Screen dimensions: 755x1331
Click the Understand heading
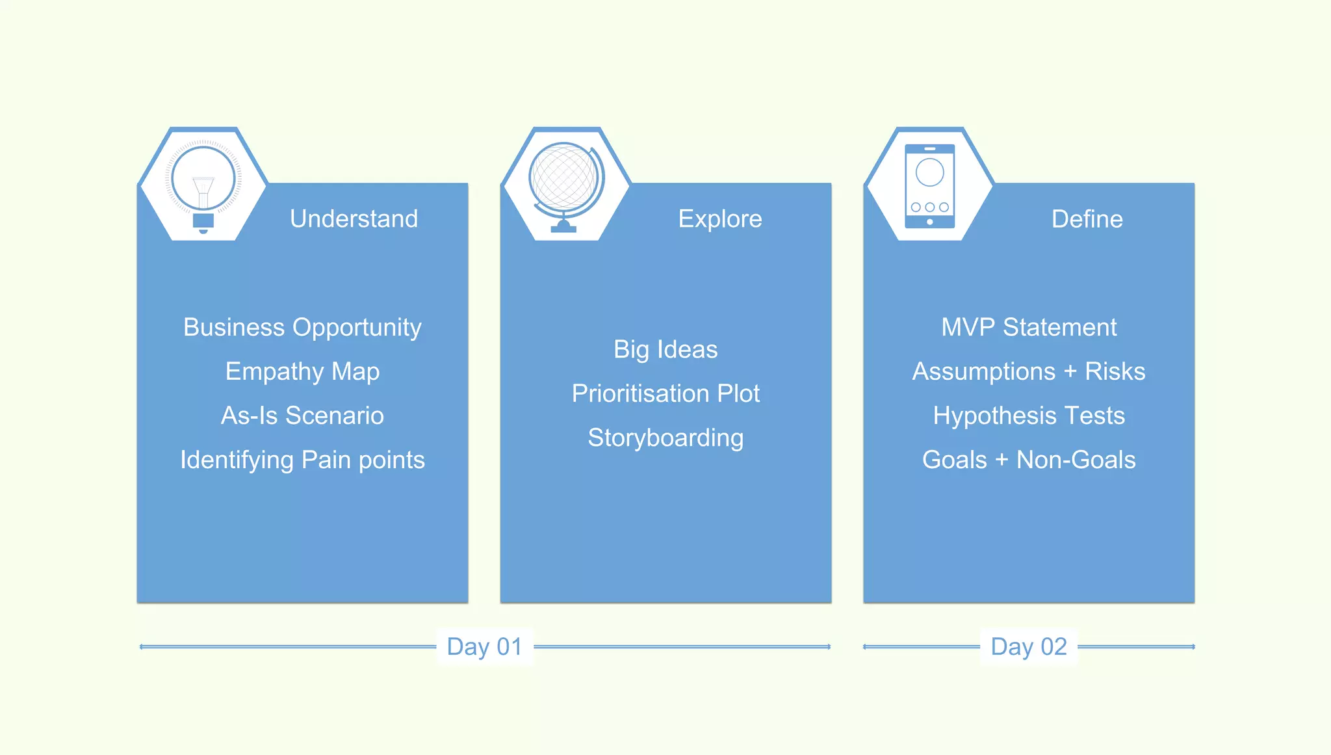[354, 219]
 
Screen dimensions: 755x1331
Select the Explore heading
[719, 219]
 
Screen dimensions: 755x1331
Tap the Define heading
[1087, 219]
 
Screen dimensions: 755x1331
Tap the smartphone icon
[929, 186]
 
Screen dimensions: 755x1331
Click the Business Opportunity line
[302, 327]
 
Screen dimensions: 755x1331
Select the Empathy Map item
[302, 371]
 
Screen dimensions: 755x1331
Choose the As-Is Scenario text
[302, 416]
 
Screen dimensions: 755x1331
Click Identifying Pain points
[302, 460]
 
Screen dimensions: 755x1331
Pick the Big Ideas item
[665, 349]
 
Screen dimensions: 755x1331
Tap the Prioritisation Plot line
[665, 393]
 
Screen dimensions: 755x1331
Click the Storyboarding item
[665, 438]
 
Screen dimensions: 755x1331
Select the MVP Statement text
[1029, 327]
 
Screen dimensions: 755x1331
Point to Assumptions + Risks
[1029, 371]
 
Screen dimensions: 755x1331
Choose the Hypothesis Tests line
[1029, 416]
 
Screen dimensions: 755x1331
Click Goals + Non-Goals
[1029, 460]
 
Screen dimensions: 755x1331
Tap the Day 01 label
[484, 646]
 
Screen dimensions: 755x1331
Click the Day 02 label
[1029, 646]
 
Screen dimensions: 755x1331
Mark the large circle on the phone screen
[929, 172]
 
